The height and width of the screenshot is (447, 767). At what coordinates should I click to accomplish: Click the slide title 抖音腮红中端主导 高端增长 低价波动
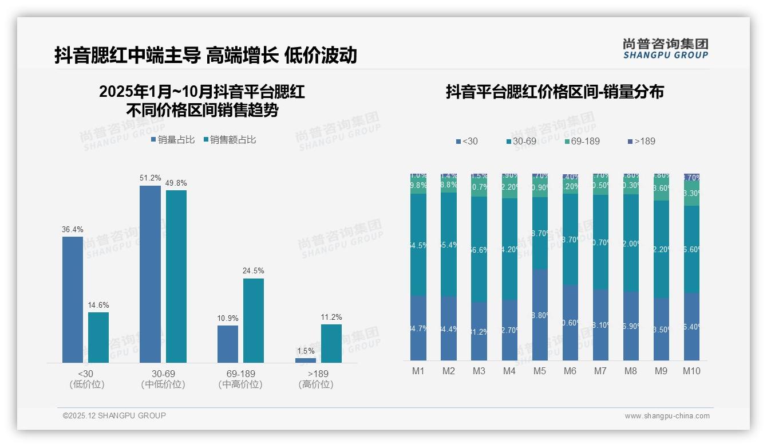tap(205, 55)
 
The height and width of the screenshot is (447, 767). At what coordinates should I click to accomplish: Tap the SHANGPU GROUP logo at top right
tap(665, 49)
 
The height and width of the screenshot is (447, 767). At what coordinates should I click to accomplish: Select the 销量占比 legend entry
tap(173, 140)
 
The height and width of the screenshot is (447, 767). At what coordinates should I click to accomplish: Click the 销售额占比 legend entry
tap(230, 140)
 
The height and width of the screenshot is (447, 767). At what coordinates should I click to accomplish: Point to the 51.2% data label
tap(150, 178)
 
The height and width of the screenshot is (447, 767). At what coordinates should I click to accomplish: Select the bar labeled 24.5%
tap(254, 320)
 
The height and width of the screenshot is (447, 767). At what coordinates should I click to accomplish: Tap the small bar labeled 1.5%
tap(306, 360)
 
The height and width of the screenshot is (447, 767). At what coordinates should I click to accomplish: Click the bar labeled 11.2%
tap(331, 343)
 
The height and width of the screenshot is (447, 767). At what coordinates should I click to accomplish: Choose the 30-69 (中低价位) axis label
tap(163, 379)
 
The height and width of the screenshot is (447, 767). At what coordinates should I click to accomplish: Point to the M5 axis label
tap(540, 371)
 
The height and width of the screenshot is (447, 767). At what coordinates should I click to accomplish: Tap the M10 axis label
tap(691, 371)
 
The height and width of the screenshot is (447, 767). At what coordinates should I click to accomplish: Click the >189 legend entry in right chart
tap(641, 141)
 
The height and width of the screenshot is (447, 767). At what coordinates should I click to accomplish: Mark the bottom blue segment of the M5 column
tap(540, 315)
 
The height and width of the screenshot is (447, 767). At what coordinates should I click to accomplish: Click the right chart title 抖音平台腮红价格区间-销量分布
tap(555, 92)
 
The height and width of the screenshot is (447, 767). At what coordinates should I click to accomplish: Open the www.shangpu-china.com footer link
tap(667, 416)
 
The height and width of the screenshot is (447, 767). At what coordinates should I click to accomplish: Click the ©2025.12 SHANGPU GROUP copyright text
tap(114, 415)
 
